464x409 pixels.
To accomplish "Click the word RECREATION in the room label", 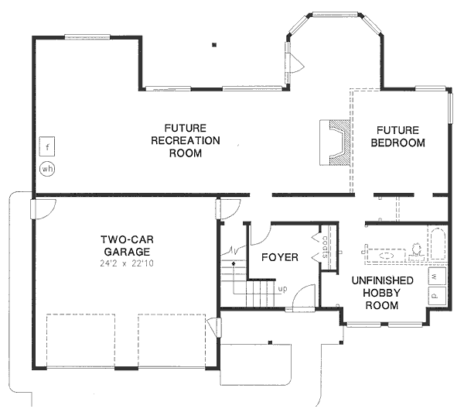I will tap(186, 140).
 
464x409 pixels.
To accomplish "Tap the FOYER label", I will tap(279, 257).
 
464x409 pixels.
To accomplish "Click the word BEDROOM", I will tap(398, 143).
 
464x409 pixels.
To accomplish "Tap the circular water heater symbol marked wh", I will tap(46, 167).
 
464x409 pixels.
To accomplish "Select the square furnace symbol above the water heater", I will tap(47, 145).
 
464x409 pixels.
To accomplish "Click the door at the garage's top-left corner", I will tap(42, 209).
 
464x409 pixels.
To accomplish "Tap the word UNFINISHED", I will tap(382, 280).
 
